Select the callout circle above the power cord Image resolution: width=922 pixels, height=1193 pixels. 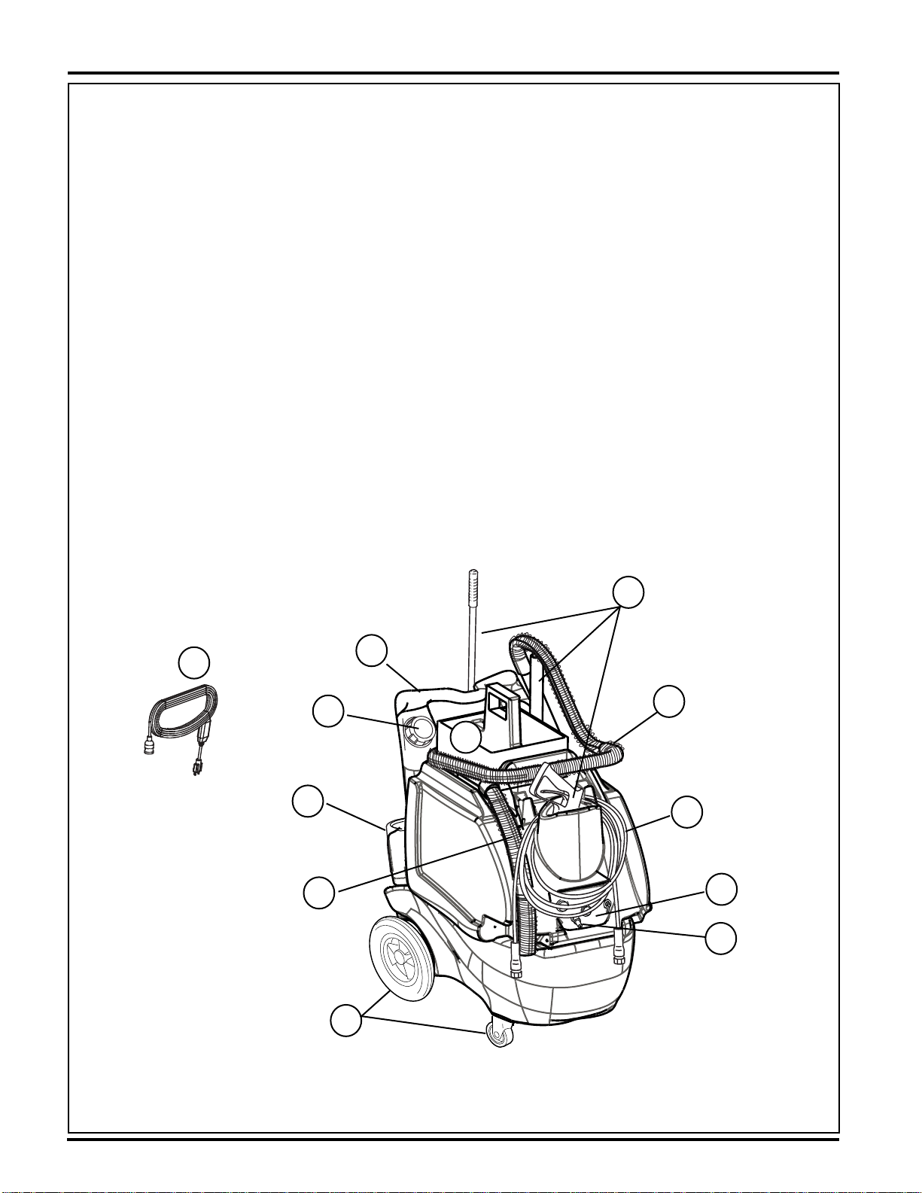(x=193, y=662)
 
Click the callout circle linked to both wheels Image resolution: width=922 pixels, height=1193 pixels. (x=345, y=1023)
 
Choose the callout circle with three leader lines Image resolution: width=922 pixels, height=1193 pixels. (x=628, y=593)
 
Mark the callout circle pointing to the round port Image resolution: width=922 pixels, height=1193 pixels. (x=328, y=712)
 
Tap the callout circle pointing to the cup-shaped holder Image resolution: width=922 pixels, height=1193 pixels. (x=307, y=802)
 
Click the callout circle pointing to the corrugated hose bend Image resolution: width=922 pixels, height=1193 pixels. (x=669, y=701)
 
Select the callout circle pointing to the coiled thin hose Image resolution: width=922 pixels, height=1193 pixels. (x=687, y=812)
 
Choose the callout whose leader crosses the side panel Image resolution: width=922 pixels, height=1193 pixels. (x=318, y=893)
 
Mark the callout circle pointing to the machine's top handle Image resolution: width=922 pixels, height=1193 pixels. (x=372, y=651)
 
